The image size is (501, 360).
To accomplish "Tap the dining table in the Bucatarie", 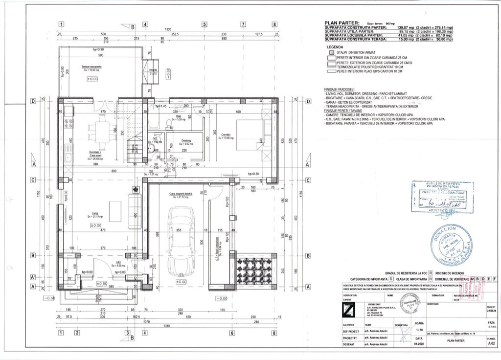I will point(103,131).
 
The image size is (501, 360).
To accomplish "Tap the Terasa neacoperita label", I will point(91,66).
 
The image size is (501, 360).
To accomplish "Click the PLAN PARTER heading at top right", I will point(342,23).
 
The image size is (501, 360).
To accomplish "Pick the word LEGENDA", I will point(335,47).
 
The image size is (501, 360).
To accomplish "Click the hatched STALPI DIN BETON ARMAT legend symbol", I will point(331,52).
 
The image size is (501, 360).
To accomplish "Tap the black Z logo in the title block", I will point(348,310).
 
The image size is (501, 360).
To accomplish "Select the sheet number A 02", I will point(491,344).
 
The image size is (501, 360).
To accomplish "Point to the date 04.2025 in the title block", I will point(419,344).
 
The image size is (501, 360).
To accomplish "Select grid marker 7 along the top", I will point(243,24).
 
